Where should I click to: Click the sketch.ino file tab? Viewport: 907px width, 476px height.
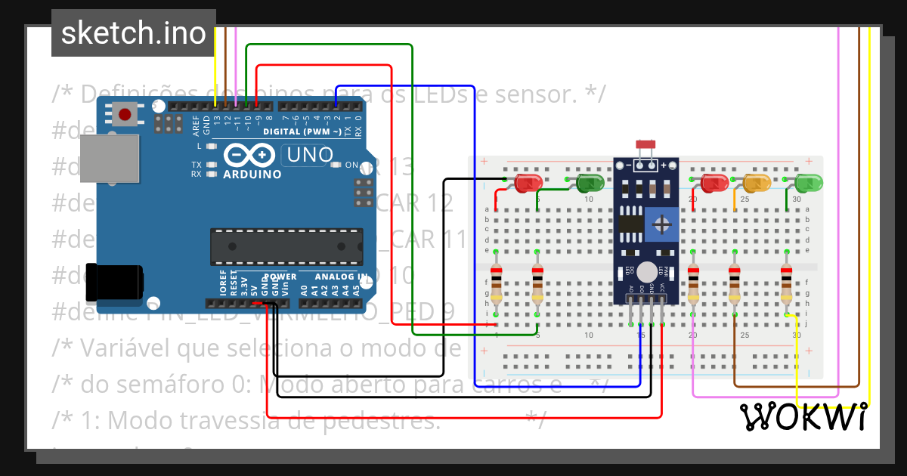pyautogui.click(x=133, y=33)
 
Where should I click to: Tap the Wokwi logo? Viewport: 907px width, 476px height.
pyautogui.click(x=802, y=416)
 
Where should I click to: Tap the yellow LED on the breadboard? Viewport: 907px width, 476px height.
pyautogui.click(x=756, y=183)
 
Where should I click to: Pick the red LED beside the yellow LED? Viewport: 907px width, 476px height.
pyautogui.click(x=714, y=183)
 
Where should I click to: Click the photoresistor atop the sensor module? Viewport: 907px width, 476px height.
pyautogui.click(x=645, y=144)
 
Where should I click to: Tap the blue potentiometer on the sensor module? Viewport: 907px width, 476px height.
pyautogui.click(x=662, y=224)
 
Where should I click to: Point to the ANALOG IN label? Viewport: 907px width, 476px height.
pyautogui.click(x=341, y=277)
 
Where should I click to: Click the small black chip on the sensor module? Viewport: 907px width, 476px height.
pyautogui.click(x=630, y=224)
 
